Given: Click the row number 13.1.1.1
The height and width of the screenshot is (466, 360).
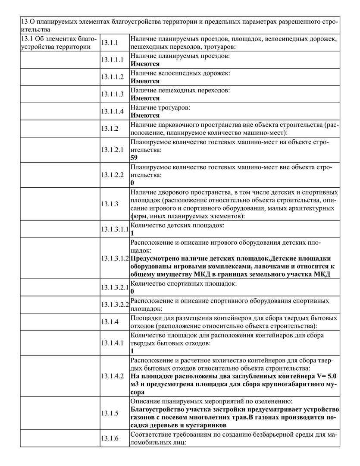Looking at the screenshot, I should [112, 60].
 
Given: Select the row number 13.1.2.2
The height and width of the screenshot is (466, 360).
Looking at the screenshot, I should [112, 175].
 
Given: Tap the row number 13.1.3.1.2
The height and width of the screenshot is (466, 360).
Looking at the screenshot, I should [115, 258].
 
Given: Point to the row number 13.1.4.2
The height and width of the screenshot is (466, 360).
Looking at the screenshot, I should [112, 376].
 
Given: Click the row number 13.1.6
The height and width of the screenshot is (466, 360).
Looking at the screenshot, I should [110, 438].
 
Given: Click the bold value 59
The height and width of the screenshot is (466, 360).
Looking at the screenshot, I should [134, 157].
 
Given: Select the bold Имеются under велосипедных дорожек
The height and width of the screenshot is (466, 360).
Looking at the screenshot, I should [145, 81].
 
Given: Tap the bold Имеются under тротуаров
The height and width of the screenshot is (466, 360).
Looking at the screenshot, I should [145, 115].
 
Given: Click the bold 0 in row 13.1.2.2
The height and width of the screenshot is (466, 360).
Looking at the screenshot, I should [132, 183].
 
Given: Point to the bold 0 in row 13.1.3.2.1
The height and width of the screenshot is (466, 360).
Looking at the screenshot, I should [132, 291].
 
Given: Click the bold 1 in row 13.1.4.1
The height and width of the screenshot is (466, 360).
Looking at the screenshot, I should [132, 351].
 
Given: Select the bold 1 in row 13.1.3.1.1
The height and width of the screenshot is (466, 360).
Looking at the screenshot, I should [132, 233].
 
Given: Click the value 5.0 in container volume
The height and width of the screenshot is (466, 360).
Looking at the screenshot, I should [332, 376].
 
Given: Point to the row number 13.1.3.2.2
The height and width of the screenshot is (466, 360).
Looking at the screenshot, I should [115, 305].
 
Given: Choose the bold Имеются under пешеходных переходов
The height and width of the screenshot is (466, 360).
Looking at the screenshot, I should [145, 98].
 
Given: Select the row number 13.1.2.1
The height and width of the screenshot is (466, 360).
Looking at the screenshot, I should [112, 150].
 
